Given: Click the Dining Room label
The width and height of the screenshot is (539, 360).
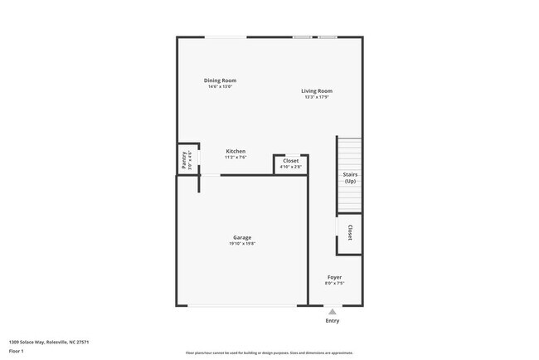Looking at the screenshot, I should (x=221, y=80).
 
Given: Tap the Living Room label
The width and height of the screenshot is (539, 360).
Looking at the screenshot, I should (x=317, y=91).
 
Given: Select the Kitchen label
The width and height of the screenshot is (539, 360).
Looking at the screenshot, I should (x=236, y=151).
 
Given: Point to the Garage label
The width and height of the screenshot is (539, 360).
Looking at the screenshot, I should (x=242, y=237).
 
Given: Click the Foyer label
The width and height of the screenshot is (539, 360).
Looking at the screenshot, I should (x=334, y=277).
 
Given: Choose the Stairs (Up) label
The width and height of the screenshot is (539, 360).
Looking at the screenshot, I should (x=350, y=178).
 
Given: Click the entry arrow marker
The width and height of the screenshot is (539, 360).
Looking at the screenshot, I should (x=333, y=312).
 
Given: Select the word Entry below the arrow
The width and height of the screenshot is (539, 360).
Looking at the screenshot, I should (x=333, y=321).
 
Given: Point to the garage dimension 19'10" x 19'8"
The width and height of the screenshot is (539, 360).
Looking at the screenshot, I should (x=242, y=244).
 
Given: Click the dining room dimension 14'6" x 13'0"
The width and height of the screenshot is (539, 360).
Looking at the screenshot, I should (x=221, y=87).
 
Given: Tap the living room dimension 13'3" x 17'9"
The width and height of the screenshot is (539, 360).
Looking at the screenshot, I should (x=317, y=98).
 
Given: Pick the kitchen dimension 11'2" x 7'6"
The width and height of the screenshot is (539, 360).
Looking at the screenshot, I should (x=236, y=158).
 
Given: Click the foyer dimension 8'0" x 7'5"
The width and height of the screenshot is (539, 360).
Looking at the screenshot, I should (x=334, y=284).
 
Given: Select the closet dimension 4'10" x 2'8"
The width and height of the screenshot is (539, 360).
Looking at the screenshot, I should (x=291, y=167).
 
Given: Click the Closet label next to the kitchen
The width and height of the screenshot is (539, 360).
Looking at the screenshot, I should (x=291, y=160).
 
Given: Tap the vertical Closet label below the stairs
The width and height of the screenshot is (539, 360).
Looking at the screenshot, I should (x=350, y=232).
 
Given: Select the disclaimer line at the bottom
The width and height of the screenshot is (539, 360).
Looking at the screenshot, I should (x=269, y=352).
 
